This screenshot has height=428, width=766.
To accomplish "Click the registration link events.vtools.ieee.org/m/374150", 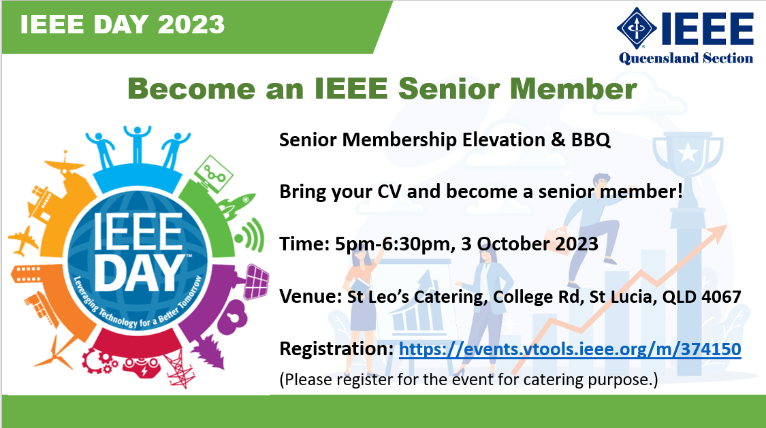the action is tap(570, 350).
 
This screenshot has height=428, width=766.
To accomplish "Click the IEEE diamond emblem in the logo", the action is tap(637, 28).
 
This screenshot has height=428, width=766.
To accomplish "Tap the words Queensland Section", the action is tap(686, 58).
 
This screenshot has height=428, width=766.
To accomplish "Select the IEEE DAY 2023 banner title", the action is tap(122, 24).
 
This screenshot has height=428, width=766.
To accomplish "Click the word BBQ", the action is tap(590, 140).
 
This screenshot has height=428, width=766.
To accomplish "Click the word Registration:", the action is tap(336, 349).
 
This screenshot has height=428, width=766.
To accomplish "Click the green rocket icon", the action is tap(237, 205).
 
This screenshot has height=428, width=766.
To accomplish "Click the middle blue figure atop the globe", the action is tap(138, 144).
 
